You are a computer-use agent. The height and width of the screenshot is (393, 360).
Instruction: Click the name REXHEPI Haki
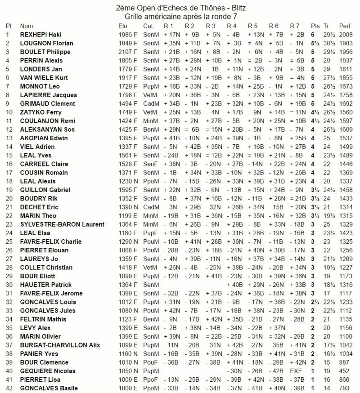[x=42, y=35]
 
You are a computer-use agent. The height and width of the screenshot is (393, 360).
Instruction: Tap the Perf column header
[x=345, y=26]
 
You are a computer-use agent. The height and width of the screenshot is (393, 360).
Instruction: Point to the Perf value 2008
[x=346, y=35]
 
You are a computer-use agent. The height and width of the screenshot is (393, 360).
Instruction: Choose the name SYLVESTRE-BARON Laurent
[x=62, y=224]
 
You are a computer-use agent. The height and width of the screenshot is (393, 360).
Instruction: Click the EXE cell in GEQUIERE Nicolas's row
[x=297, y=371]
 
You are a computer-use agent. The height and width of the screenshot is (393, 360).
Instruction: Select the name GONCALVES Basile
[x=48, y=388]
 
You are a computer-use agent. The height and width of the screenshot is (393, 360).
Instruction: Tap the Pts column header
[x=315, y=26]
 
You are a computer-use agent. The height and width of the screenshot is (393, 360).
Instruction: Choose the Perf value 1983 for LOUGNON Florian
[x=346, y=43]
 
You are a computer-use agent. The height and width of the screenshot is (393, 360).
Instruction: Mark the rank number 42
[x=8, y=388]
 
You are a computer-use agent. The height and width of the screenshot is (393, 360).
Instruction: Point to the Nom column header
[x=27, y=26]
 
